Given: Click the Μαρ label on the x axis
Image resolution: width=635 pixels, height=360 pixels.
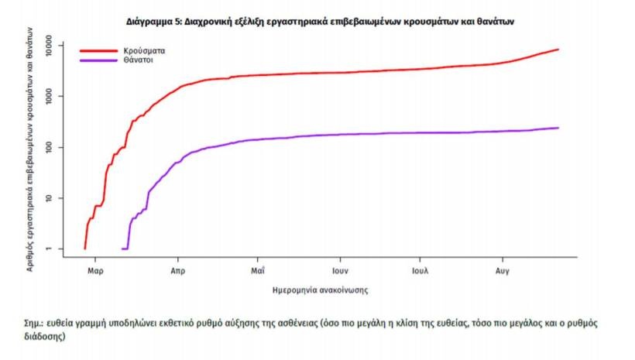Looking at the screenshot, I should tap(95, 272).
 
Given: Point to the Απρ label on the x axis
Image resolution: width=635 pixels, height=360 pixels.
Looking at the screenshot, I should tap(177, 272).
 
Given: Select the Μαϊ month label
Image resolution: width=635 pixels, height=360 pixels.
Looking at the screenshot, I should tap(259, 272).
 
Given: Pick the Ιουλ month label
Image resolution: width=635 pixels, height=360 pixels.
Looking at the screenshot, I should tap(420, 272).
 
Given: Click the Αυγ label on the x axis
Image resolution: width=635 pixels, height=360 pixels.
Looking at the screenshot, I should tap(502, 272).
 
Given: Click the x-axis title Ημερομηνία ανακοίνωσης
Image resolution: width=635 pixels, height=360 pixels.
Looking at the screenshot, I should tap(321, 291).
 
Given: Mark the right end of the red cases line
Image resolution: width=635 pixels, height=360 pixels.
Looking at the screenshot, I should tap(558, 50).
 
